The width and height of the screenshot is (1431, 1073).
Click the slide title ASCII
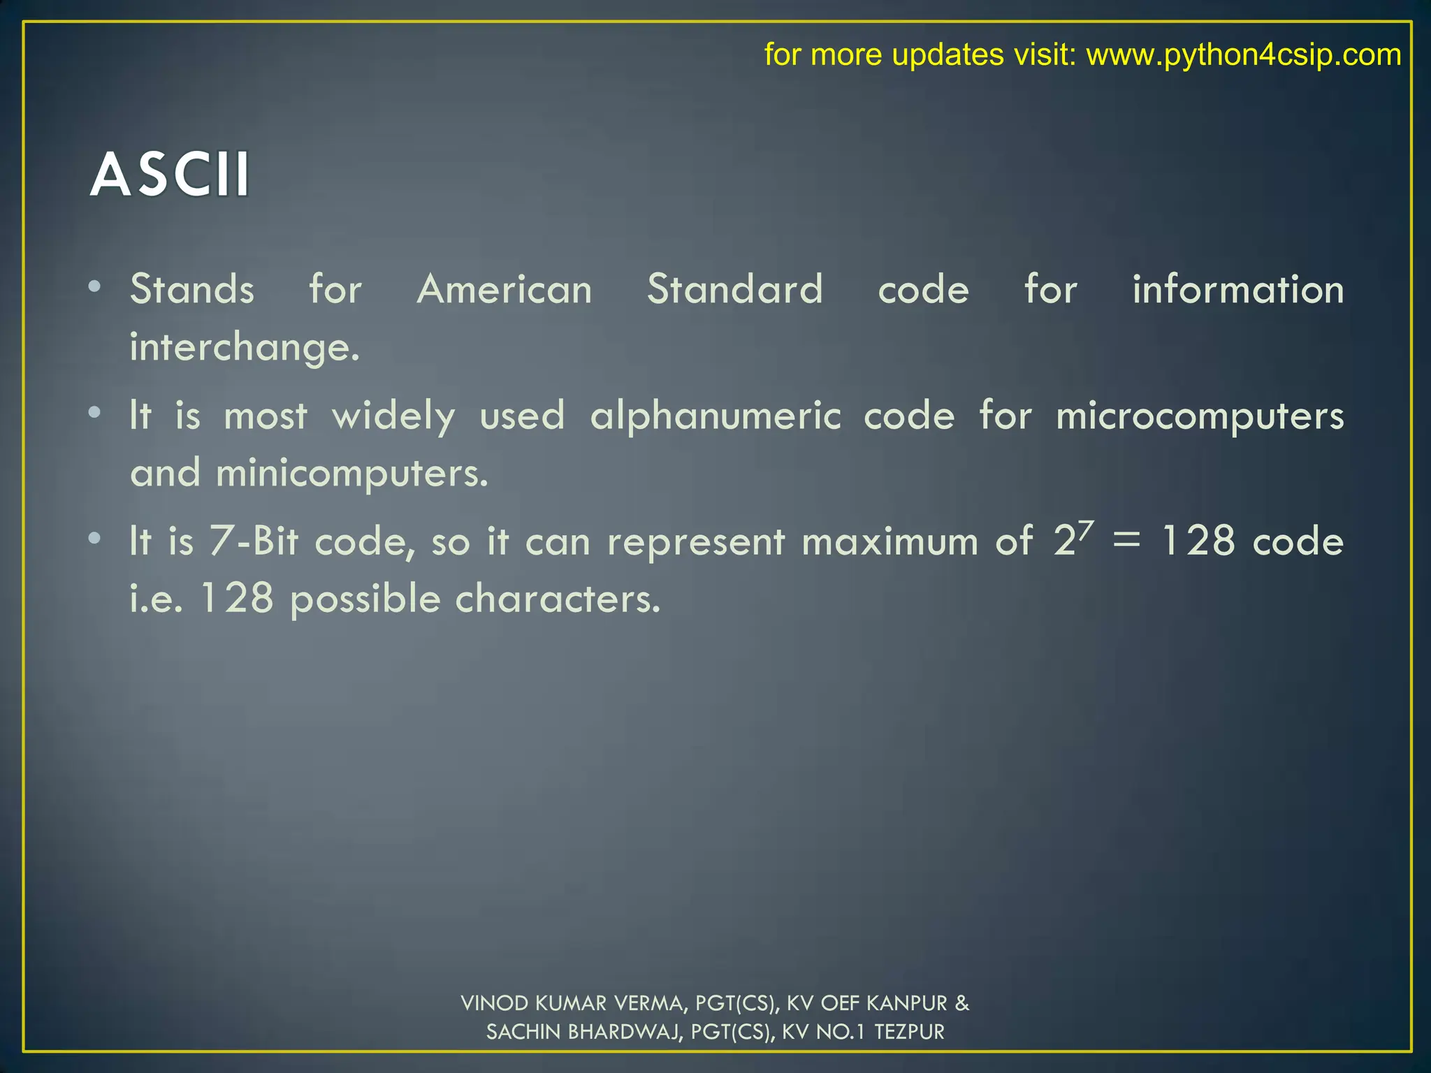coord(170,175)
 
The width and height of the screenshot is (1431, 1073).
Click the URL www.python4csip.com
coord(1243,54)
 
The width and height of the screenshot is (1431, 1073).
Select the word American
coord(504,289)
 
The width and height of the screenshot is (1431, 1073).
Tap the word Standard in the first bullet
coord(734,289)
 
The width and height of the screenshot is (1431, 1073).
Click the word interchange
coord(245,347)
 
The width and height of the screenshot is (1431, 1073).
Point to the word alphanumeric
coord(715,416)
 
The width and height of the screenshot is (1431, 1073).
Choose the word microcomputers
coord(1200,416)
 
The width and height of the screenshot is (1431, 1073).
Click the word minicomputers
coord(351,474)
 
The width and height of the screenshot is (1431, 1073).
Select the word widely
coord(393,416)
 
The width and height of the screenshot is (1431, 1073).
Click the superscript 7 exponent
coord(1085,531)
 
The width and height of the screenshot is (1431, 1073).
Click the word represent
coord(696,541)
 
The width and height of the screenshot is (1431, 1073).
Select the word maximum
coord(889,541)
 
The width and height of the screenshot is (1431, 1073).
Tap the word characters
coord(558,599)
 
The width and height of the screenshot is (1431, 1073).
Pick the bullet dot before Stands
coord(95,286)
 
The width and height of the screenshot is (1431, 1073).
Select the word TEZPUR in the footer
coord(909,1032)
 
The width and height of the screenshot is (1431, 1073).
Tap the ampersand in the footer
coord(962,1003)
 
